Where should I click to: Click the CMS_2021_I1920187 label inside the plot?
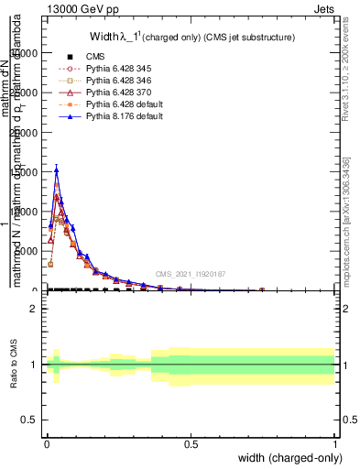[191, 274]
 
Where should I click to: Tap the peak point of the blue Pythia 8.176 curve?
[56, 169]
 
